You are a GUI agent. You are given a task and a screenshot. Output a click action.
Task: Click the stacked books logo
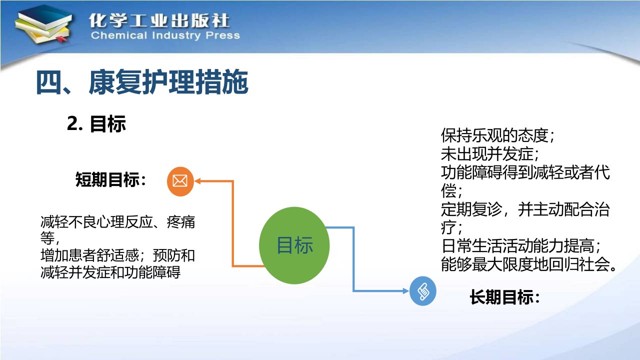pos(43,24)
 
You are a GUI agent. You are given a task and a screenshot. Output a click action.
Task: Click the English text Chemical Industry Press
pos(165,35)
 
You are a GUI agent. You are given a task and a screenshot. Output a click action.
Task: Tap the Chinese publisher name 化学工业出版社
pos(159,20)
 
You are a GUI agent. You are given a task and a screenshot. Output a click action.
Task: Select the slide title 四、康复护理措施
pos(142,82)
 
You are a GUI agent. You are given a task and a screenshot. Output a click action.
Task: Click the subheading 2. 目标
pos(96,123)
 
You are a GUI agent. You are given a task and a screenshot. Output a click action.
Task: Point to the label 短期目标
pos(111,179)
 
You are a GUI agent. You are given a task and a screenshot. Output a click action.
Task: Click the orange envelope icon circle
pos(180,181)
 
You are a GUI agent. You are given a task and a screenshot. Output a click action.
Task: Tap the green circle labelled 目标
pos(294,245)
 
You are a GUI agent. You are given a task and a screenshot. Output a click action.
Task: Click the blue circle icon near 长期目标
pos(423,291)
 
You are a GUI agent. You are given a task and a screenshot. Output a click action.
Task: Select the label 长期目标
pos(505,297)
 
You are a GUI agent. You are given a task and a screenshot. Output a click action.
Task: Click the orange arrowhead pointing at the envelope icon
pos(197,181)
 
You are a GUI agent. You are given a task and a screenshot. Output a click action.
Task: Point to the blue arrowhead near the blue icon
pos(405,291)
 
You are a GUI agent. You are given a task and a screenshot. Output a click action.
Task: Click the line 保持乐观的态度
pos(497,135)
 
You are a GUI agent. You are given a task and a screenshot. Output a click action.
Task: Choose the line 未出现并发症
pos(489,153)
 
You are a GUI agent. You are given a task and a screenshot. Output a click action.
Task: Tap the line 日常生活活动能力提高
pos(520,245)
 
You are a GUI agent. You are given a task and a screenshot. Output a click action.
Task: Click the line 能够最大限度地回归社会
pos(528,264)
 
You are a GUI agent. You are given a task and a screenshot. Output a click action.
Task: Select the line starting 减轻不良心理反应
pos(117,222)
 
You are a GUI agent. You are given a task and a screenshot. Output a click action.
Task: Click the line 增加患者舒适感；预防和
pos(117,255)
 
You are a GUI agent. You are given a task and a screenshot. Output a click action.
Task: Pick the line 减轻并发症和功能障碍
pos(110,272)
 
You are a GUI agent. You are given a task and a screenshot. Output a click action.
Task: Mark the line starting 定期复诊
pos(525,209)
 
